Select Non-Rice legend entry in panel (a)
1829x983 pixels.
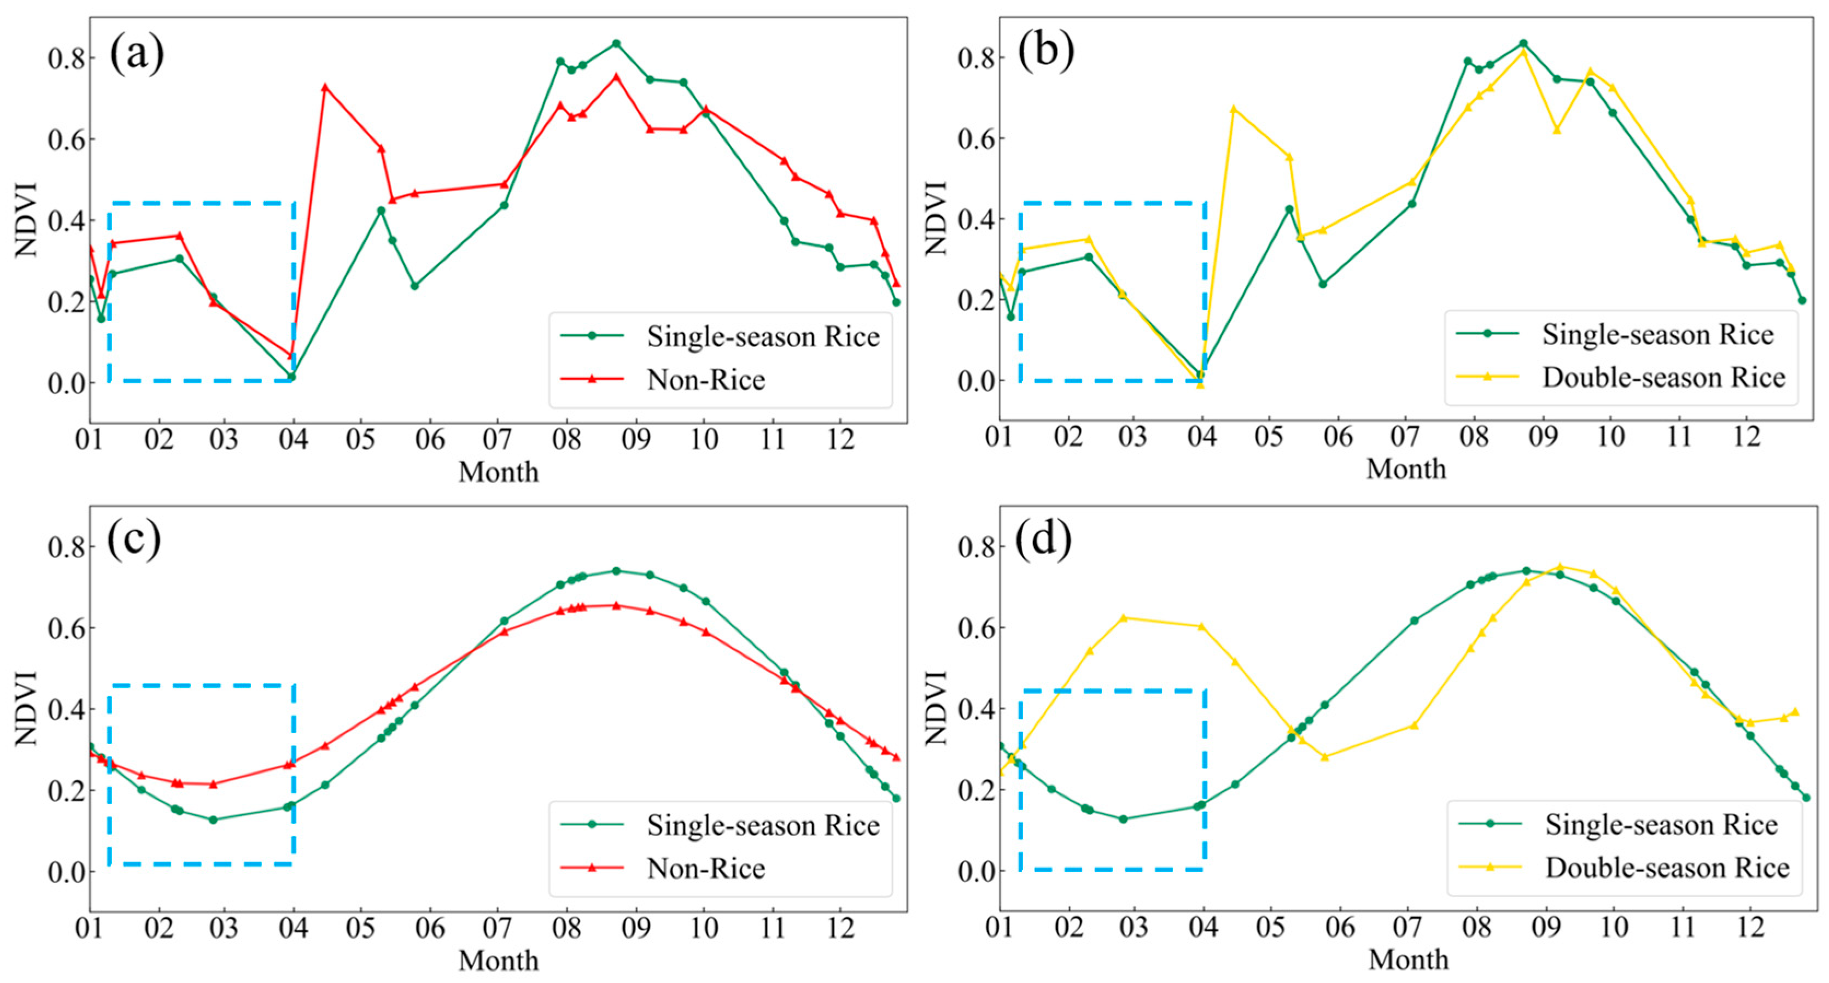point(663,380)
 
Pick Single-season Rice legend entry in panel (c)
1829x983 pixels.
point(720,825)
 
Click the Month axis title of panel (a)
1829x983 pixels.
point(499,471)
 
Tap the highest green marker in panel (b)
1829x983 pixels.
point(1523,43)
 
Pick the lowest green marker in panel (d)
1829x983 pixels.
point(1123,819)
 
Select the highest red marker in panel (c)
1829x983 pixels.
point(616,605)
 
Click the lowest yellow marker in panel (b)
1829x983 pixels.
point(1200,384)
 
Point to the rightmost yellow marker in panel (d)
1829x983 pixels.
point(1795,712)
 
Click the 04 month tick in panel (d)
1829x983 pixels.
point(1203,927)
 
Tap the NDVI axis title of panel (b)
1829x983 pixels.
point(937,218)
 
